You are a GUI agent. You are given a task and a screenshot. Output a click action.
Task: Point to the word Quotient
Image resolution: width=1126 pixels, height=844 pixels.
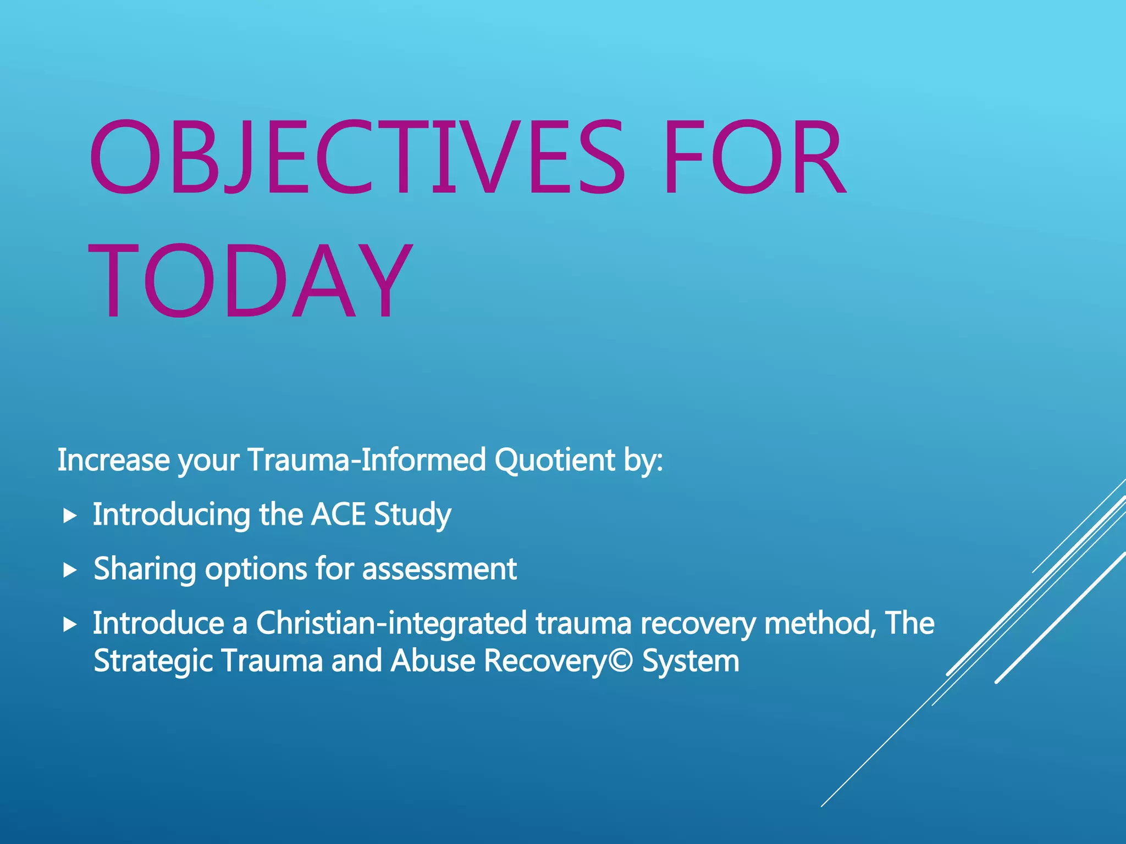[554, 460]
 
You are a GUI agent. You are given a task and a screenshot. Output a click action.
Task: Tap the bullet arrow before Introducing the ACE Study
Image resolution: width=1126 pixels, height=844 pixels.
[69, 515]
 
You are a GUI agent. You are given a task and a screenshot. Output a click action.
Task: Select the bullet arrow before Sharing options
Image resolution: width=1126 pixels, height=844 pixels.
[69, 570]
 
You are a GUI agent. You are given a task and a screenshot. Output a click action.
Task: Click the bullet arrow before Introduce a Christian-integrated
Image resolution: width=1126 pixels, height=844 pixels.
[69, 624]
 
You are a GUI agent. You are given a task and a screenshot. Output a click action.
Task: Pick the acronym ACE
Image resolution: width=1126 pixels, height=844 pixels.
[338, 514]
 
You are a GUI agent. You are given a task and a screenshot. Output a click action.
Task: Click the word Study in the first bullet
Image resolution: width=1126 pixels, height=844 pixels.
[412, 515]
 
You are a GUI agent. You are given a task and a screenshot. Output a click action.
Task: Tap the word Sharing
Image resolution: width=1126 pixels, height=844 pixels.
[145, 569]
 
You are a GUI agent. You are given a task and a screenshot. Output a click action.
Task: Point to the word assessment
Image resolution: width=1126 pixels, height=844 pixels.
[439, 569]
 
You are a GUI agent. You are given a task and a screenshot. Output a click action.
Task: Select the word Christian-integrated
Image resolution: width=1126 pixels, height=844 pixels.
[391, 624]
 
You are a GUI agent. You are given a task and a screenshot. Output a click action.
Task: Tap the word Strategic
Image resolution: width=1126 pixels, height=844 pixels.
[153, 661]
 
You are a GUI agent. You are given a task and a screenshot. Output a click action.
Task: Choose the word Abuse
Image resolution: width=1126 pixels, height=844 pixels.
[433, 660]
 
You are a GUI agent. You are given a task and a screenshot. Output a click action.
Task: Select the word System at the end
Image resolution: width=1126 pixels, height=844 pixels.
[691, 662]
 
